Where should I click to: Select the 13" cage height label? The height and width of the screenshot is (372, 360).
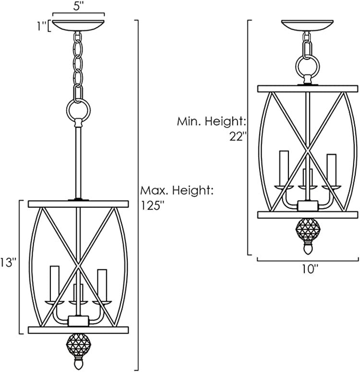point(9,263)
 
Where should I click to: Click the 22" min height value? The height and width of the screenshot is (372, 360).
point(238,137)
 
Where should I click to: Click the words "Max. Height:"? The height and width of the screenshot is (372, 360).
point(176,190)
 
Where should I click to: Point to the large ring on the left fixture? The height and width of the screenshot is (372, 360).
point(77,110)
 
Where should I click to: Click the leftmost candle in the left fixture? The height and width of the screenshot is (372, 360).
point(54,282)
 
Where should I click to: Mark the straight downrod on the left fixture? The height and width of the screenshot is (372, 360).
point(77,161)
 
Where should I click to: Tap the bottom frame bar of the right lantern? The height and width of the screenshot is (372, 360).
point(308,214)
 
